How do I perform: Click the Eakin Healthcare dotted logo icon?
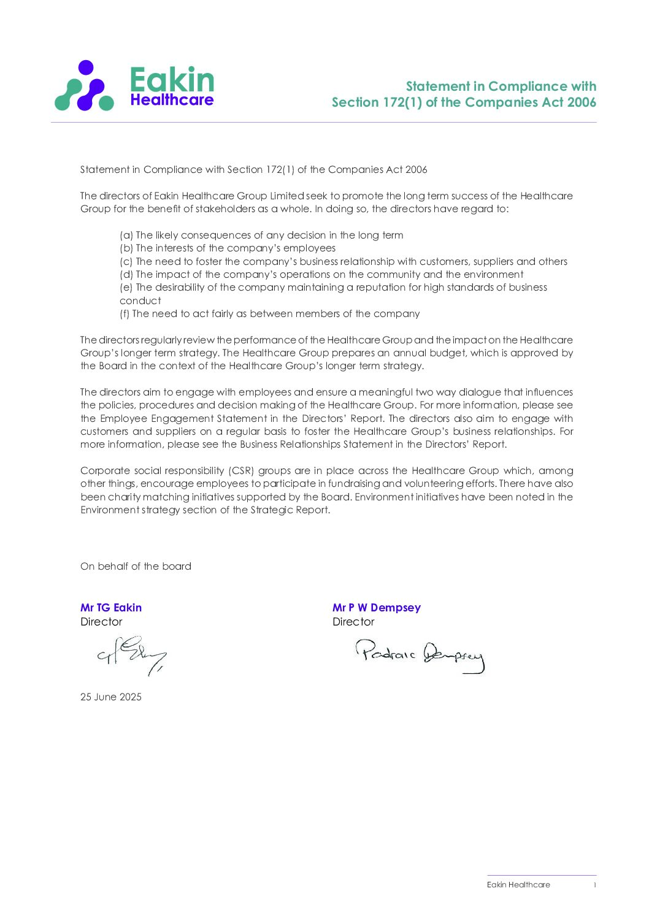tap(84, 86)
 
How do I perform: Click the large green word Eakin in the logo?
tap(172, 80)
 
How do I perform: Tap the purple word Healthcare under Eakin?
tap(172, 100)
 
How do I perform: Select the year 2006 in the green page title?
tap(582, 102)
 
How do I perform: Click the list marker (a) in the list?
tap(126, 235)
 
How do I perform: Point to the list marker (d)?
tap(126, 274)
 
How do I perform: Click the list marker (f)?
tap(125, 313)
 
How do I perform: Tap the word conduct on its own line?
tap(140, 300)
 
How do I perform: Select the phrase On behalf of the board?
tap(136, 566)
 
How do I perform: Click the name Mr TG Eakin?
tap(111, 608)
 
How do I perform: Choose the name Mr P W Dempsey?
tap(377, 608)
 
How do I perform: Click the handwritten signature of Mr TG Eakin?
tap(131, 656)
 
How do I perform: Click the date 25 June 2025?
tap(111, 697)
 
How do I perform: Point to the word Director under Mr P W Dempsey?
tap(353, 622)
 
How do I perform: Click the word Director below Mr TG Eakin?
tap(101, 622)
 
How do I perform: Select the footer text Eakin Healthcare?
tap(518, 884)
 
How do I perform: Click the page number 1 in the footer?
tap(594, 884)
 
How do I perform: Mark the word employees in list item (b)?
tap(309, 248)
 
